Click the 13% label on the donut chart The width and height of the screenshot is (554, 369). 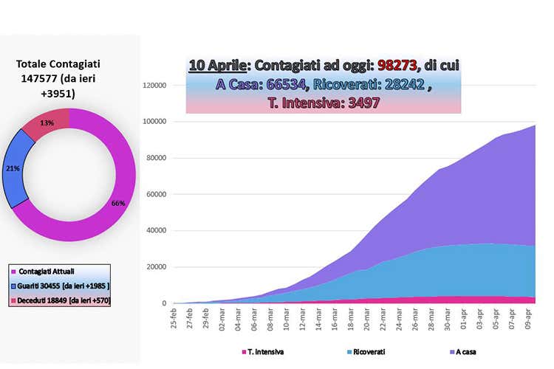click(47, 123)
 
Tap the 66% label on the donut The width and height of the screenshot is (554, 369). click(118, 204)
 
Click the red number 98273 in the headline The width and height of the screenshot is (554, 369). click(397, 66)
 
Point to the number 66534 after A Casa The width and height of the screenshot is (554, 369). click(285, 84)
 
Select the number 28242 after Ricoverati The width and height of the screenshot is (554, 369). click(405, 84)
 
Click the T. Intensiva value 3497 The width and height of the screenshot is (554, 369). click(363, 103)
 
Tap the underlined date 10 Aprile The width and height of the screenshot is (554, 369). click(217, 66)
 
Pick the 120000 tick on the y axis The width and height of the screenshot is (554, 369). click(154, 86)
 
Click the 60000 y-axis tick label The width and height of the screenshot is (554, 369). click(156, 195)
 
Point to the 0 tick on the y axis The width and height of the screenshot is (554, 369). click(164, 303)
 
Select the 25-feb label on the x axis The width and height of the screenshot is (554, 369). click(174, 318)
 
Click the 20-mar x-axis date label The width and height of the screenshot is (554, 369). click(366, 319)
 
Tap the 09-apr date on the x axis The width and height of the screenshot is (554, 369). click(528, 319)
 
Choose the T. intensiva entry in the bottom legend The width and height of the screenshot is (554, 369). click(262, 352)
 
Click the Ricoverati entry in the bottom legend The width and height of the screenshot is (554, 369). click(366, 352)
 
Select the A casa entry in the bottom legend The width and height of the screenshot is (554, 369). click(462, 352)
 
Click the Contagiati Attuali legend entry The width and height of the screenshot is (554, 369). click(43, 272)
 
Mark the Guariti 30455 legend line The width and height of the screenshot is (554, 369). click(60, 286)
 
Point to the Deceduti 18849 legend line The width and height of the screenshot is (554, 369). click(61, 300)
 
